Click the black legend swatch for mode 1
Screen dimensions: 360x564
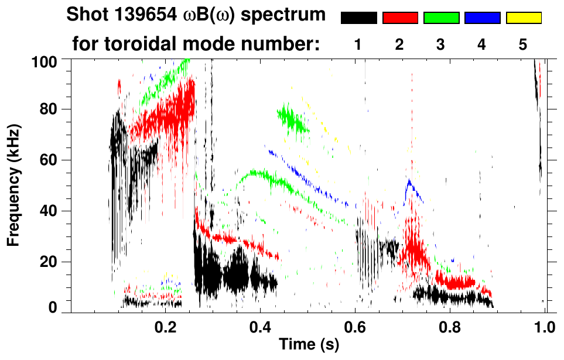tap(359, 18)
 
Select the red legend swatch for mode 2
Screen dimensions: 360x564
tap(400, 18)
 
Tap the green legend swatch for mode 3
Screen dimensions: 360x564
tap(441, 18)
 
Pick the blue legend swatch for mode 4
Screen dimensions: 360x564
tap(482, 18)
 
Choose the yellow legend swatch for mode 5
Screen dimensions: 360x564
tap(524, 18)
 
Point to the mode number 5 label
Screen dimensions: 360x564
tap(523, 45)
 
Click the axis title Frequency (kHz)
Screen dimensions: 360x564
tap(12, 184)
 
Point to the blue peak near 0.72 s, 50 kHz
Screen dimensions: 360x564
tap(412, 186)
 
